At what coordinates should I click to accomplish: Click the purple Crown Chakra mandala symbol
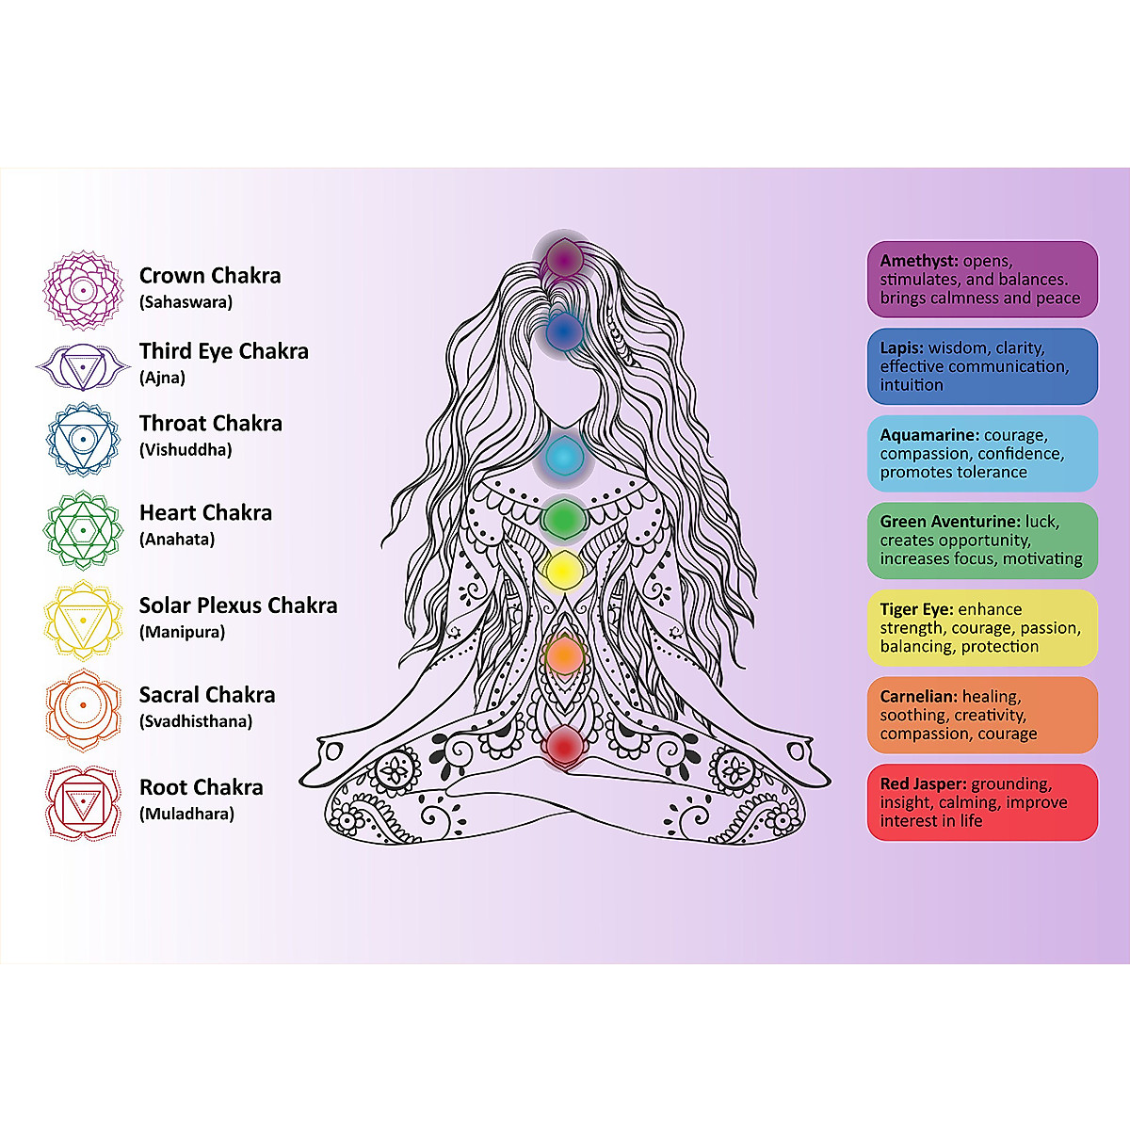[83, 290]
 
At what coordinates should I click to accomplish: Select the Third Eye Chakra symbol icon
[83, 365]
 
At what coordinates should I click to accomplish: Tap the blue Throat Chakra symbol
[83, 438]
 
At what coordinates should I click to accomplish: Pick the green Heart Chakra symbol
[83, 529]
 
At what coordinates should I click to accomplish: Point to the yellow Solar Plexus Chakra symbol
[83, 620]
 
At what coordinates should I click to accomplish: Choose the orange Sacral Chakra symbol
[83, 707]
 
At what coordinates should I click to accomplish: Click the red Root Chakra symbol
[83, 802]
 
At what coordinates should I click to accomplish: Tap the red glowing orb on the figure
[565, 746]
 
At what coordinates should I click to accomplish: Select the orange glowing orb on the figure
[565, 654]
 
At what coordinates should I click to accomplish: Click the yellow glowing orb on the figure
[564, 570]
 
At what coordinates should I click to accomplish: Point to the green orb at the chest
[563, 517]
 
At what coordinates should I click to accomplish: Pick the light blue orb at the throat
[563, 458]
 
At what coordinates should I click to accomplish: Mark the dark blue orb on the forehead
[564, 331]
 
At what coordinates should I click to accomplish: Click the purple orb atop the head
[563, 256]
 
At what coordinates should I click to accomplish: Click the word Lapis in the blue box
[901, 347]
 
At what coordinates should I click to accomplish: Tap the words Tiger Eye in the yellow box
[916, 609]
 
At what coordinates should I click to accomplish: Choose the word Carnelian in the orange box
[918, 697]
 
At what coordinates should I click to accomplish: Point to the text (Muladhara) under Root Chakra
[186, 814]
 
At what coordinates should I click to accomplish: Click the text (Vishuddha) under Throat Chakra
[186, 449]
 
